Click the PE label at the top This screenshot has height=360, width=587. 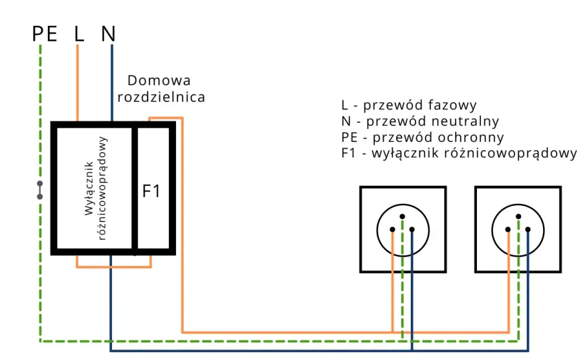pos(45,34)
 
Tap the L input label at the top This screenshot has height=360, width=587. pos(79,34)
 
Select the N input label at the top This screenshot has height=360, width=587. pos(108,34)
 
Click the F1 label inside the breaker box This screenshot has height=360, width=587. pos(151,191)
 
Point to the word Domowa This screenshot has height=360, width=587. pos(159,81)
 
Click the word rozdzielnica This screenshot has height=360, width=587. pos(161,97)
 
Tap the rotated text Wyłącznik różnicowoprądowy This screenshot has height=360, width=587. pos(95,188)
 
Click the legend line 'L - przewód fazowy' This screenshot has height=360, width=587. pos(409,105)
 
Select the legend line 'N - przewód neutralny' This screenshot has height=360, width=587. pos(420,121)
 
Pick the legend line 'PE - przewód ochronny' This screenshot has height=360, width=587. pos(422,137)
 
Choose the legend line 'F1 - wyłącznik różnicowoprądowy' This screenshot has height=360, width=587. pos(459,153)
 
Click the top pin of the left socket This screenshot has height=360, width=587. pos(402,216)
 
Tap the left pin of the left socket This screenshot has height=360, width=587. pos(392,229)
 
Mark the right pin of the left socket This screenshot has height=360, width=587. pos(412,229)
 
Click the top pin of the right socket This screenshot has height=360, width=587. pos(518,216)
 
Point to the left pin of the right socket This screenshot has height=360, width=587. pos(508,229)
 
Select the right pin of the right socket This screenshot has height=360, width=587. pos(528,229)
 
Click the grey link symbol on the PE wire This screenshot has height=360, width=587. pos(39,190)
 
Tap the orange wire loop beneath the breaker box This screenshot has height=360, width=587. pos(114,267)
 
